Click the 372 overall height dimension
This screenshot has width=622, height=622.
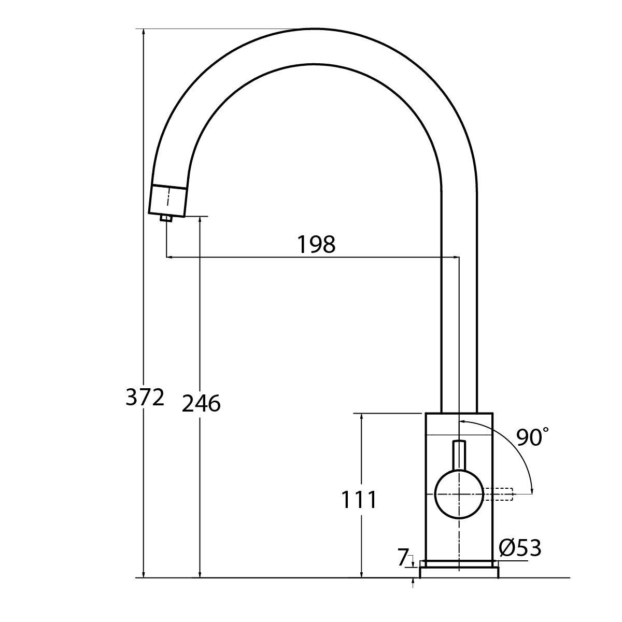pos(145,398)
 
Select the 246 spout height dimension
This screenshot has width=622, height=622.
pos(201,403)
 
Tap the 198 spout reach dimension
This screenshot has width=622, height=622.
pos(316,244)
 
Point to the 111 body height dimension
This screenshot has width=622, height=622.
pos(359,500)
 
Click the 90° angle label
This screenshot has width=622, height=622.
pos(532,438)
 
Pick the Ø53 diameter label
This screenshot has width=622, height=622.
pos(520,548)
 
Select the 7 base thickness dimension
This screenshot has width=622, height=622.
pos(403,558)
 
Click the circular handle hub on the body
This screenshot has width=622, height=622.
pos(459,494)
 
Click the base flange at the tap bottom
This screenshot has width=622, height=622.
pos(459,572)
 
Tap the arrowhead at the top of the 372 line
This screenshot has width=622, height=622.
pos(144,33)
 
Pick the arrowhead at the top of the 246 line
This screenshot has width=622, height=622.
pos(200,220)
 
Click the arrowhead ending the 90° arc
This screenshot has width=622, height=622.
pos(532,490)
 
